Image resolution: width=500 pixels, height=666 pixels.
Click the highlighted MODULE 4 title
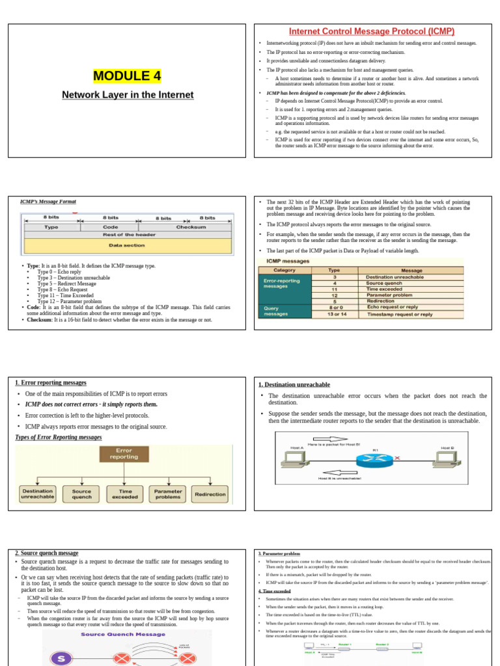point(127,76)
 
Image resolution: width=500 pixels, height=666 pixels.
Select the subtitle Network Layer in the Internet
point(128,95)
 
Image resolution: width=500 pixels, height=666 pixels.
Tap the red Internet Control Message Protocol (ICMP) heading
point(372,31)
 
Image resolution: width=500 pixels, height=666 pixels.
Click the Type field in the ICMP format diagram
point(51,228)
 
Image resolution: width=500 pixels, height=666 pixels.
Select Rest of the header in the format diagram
point(128,235)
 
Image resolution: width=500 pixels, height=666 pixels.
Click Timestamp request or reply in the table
point(400,314)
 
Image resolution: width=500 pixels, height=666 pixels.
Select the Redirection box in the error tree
point(211,494)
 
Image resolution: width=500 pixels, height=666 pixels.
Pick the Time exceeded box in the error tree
point(124,494)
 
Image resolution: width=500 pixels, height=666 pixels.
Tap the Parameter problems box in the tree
point(167,494)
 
